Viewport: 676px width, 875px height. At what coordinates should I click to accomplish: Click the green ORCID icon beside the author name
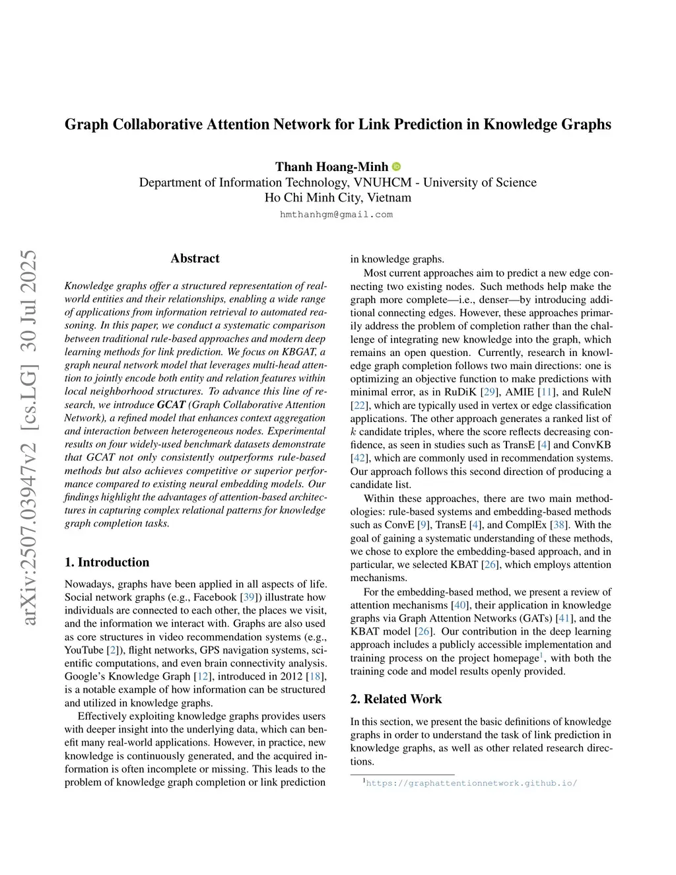[397, 167]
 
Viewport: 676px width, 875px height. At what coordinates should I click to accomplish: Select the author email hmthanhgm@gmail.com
[336, 215]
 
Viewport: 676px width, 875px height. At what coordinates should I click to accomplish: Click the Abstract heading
[195, 258]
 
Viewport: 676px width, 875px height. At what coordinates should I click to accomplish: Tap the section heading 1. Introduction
[107, 562]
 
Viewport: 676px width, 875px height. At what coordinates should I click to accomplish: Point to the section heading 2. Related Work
[396, 699]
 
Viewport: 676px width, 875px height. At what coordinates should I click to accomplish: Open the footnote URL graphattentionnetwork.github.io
[471, 783]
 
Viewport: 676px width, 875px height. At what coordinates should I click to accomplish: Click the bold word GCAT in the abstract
[171, 405]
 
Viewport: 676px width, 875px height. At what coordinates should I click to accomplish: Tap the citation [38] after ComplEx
[560, 525]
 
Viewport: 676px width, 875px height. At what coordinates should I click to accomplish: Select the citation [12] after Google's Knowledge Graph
[203, 676]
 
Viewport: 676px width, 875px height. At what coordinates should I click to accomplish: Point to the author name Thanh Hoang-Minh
[331, 166]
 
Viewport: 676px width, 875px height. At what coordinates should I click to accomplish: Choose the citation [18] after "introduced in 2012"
[317, 676]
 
